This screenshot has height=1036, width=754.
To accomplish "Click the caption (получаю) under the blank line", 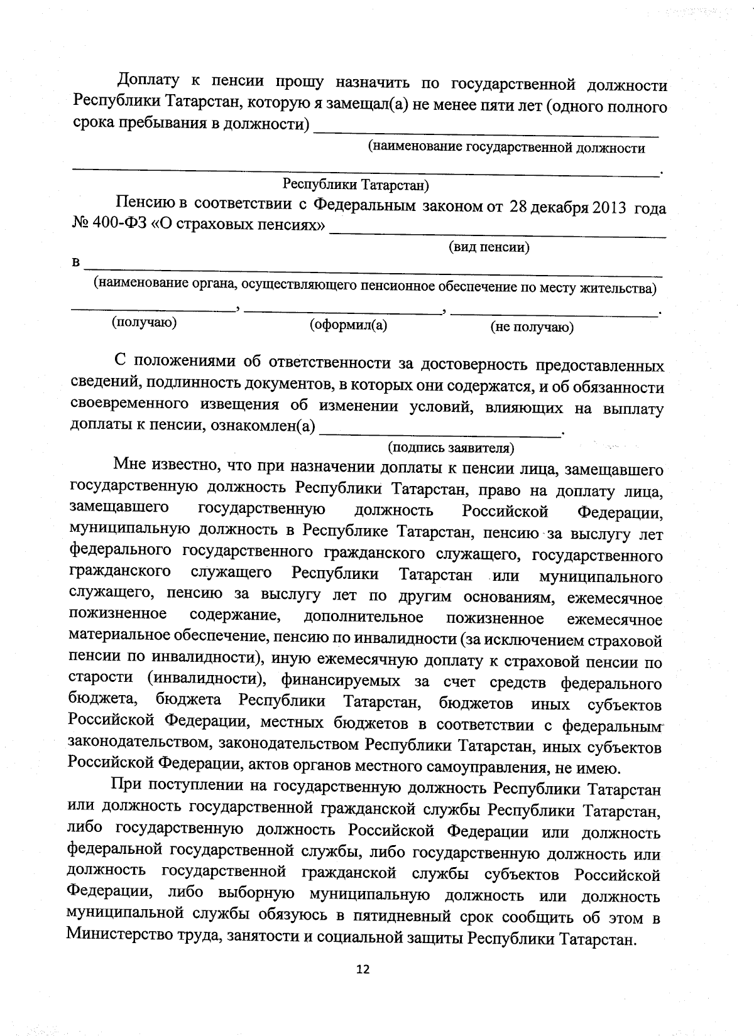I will pyautogui.click(x=144, y=323).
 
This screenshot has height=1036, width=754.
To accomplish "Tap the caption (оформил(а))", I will pyautogui.click(x=349, y=325).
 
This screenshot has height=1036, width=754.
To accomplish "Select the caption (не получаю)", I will pyautogui.click(x=532, y=327).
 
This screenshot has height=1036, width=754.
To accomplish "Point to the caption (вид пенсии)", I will pyautogui.click(x=489, y=247).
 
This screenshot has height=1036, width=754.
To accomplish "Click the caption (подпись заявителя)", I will pyautogui.click(x=451, y=448).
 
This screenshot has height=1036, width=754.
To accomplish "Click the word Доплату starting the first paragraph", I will pyautogui.click(x=150, y=81).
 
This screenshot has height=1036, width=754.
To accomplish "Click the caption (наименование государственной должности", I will pyautogui.click(x=506, y=149).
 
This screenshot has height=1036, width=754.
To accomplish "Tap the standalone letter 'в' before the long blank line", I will pyautogui.click(x=76, y=263).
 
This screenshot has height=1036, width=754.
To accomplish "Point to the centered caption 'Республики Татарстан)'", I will pyautogui.click(x=356, y=185).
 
